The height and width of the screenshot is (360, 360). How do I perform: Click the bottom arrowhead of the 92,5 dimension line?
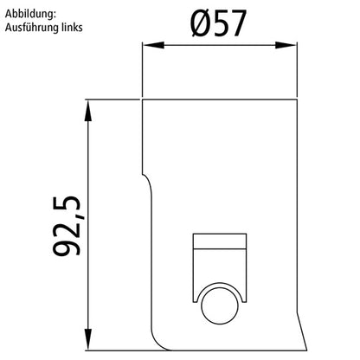click(x=89, y=337)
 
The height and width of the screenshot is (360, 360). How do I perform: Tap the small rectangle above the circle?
click(x=220, y=242)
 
